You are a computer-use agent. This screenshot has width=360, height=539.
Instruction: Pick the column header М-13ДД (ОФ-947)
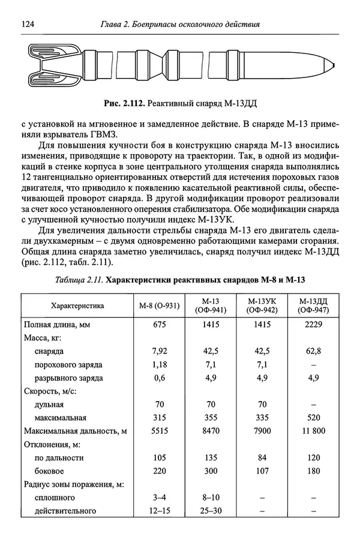click(313, 305)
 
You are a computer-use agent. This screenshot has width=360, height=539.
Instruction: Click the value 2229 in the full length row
click(313, 325)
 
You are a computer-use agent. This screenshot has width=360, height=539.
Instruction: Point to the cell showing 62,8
click(313, 351)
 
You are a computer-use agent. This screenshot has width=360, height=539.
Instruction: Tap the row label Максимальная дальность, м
click(76, 431)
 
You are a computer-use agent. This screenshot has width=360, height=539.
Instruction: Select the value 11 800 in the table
click(313, 431)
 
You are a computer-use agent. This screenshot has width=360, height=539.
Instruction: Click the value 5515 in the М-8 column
click(158, 431)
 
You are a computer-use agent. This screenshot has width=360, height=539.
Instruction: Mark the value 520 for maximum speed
click(313, 418)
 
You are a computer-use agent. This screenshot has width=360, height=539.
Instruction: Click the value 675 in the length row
click(158, 325)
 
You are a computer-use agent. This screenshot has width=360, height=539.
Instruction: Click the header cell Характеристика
click(77, 305)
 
